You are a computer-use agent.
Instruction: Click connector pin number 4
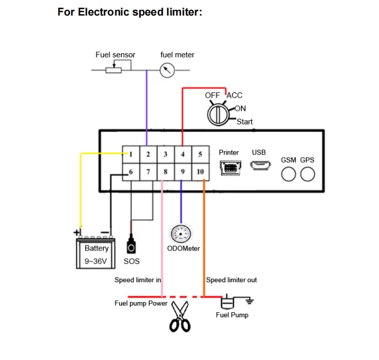point(183,154)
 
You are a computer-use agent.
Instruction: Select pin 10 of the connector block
point(200,172)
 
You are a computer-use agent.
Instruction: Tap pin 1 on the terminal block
point(131,154)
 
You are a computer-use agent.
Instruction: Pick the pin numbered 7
point(148,172)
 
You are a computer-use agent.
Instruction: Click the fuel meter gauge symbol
point(167,70)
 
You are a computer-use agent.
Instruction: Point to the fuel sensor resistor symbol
point(114,70)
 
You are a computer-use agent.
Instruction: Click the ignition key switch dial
point(218,115)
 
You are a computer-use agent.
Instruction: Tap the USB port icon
point(261,166)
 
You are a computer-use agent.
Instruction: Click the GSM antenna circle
point(288,174)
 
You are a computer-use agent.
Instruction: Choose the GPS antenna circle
point(308,174)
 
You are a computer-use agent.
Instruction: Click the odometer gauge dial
point(181,234)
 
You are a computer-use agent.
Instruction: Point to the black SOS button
point(131,246)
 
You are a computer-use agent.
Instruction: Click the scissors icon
point(180,316)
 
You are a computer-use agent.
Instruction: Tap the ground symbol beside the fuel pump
point(249,301)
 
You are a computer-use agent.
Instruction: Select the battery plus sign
point(77,232)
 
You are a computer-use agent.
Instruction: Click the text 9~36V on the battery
point(96,261)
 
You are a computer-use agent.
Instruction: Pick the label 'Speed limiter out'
point(232,280)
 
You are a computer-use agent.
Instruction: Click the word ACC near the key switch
point(234,95)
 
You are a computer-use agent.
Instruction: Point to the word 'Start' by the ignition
point(244,122)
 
